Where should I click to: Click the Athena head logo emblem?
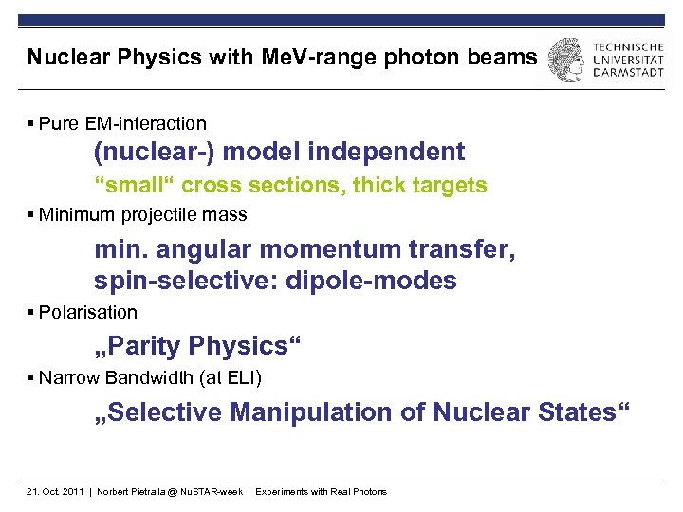click(567, 59)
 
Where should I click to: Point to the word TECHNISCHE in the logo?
click(628, 46)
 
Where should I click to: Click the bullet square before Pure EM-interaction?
click(31, 124)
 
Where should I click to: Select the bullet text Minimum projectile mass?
click(142, 215)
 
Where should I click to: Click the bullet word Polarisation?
click(88, 313)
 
